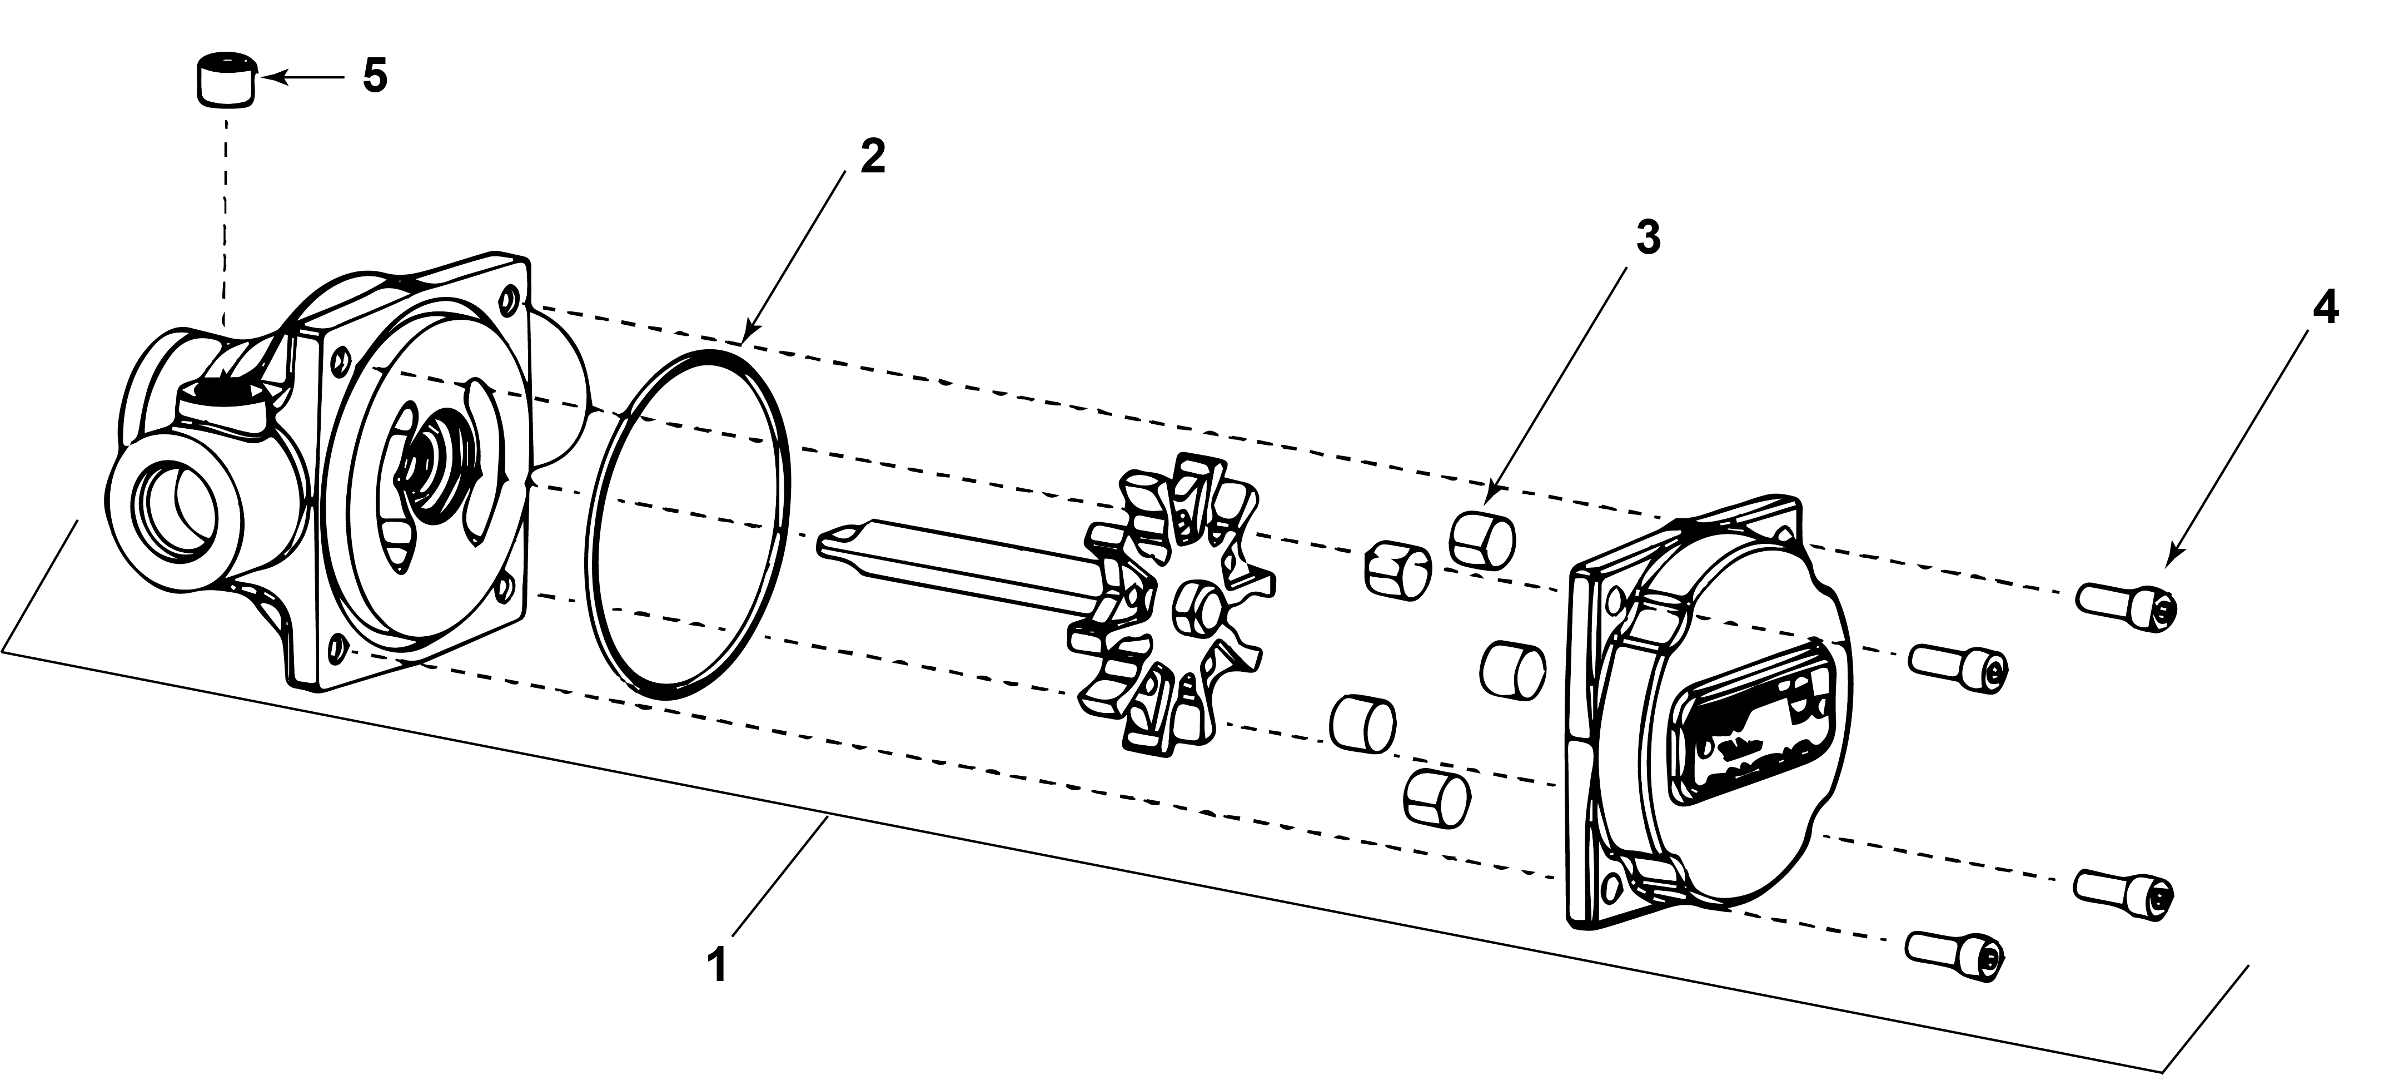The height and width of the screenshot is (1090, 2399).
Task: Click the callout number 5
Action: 375,76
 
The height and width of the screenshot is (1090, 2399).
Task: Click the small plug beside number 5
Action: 225,82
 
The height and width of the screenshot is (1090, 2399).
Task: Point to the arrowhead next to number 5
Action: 263,78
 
